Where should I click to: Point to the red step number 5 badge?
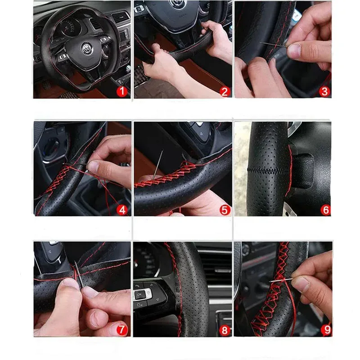(x=225, y=209)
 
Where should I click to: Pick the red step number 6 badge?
(x=325, y=209)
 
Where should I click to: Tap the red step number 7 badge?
(x=122, y=329)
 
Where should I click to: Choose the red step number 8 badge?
(x=225, y=329)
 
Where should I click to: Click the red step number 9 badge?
(x=325, y=329)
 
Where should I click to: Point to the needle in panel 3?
(x=274, y=44)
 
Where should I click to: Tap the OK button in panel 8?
(x=139, y=295)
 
